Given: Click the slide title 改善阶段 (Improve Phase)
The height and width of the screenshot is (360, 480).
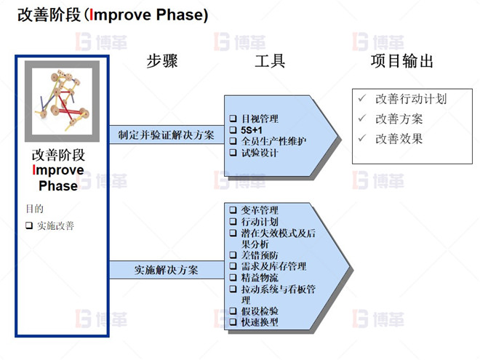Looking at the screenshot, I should click(112, 15).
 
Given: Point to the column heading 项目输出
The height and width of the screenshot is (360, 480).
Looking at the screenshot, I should click(402, 61).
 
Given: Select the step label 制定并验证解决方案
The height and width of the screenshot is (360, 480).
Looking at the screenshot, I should click(166, 135).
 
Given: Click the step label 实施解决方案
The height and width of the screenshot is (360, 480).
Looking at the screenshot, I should click(166, 270).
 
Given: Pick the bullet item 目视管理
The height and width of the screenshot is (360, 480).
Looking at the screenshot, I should click(260, 119).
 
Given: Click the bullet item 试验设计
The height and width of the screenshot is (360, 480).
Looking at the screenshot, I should click(260, 153).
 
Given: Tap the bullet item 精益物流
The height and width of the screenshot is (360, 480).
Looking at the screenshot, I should click(260, 277).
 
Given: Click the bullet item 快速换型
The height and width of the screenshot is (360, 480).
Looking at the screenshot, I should click(260, 321).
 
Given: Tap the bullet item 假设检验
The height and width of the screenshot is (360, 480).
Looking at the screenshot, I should click(260, 311).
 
